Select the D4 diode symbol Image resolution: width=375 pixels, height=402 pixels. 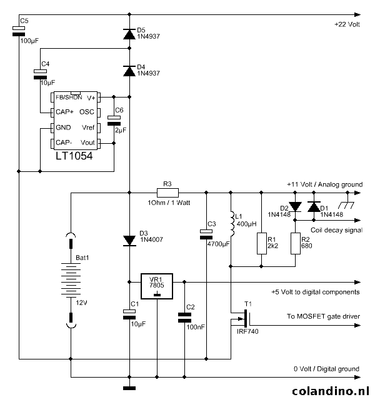[129, 71]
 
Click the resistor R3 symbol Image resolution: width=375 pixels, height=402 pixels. [167, 193]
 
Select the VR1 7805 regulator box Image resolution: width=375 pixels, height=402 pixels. [156, 287]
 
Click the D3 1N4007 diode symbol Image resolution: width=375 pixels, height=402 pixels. [129, 240]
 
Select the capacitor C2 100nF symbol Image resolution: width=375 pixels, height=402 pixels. [184, 319]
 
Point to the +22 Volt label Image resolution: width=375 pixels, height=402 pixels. [347, 24]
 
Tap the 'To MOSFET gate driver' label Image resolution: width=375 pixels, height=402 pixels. [323, 316]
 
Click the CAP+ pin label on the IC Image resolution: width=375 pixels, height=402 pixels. [66, 112]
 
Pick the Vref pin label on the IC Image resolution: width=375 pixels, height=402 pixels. [88, 127]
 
